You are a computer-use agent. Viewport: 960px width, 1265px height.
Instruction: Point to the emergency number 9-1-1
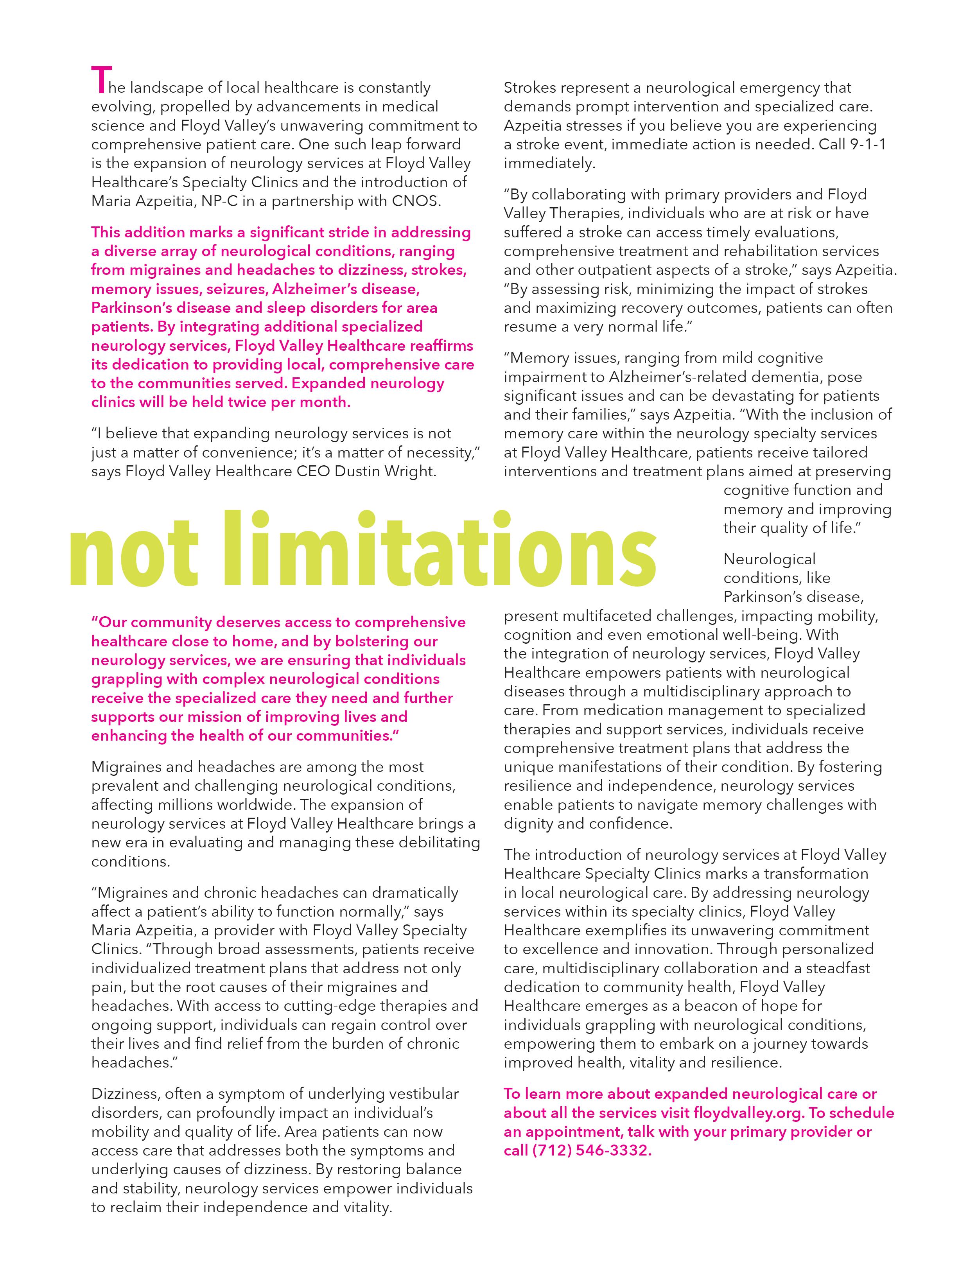pyautogui.click(x=867, y=144)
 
